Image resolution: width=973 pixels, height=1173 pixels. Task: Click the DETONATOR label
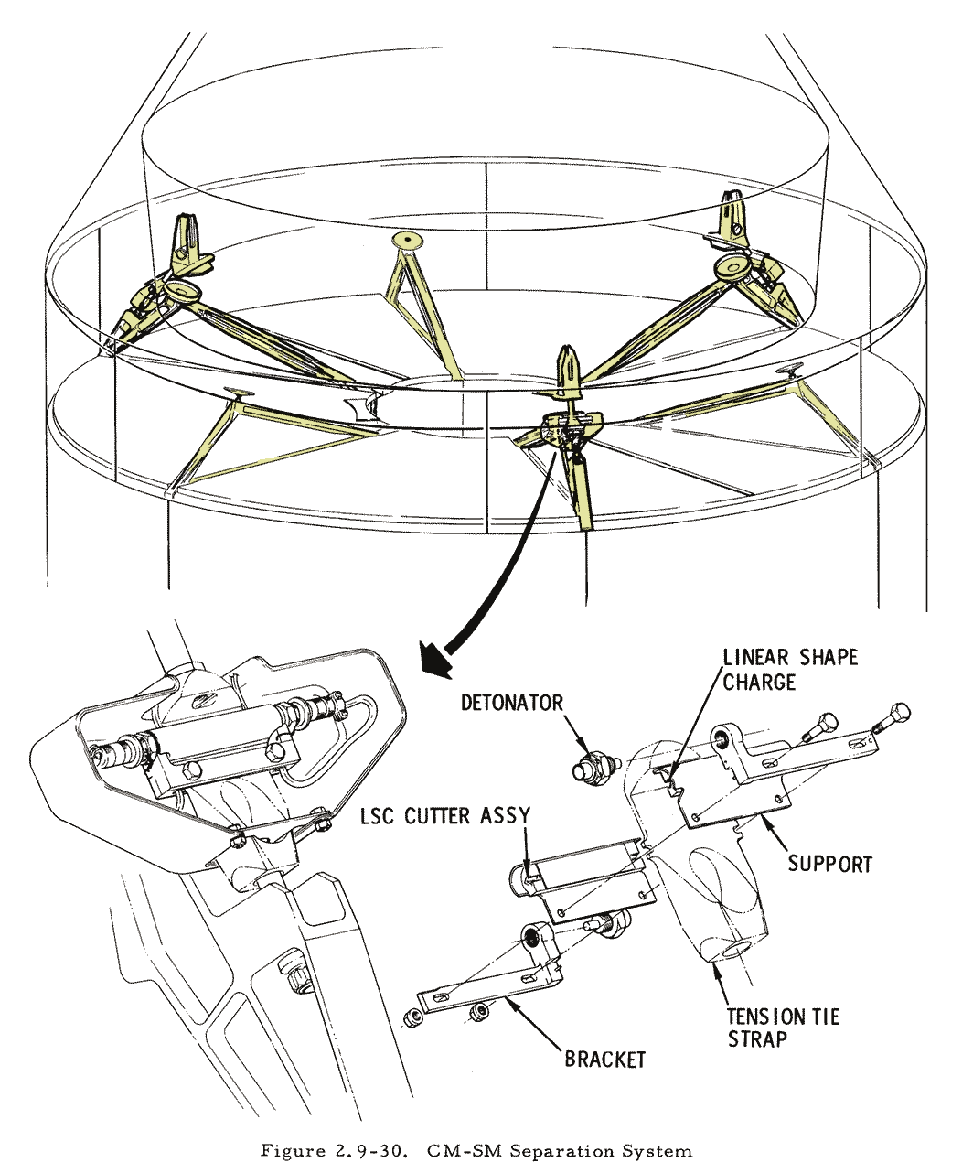[x=511, y=703]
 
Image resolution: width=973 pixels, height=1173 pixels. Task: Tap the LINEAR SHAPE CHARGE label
[x=789, y=669]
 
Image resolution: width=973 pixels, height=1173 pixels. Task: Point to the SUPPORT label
[x=829, y=864]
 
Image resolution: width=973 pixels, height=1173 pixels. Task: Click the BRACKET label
[x=604, y=1060]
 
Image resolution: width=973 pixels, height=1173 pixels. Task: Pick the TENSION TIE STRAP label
[x=782, y=1028]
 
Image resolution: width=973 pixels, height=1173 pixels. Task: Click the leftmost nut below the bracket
[x=412, y=1016]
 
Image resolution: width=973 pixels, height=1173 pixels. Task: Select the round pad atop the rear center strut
[x=406, y=241]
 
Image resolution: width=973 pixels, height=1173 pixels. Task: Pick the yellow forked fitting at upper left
[x=191, y=236]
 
